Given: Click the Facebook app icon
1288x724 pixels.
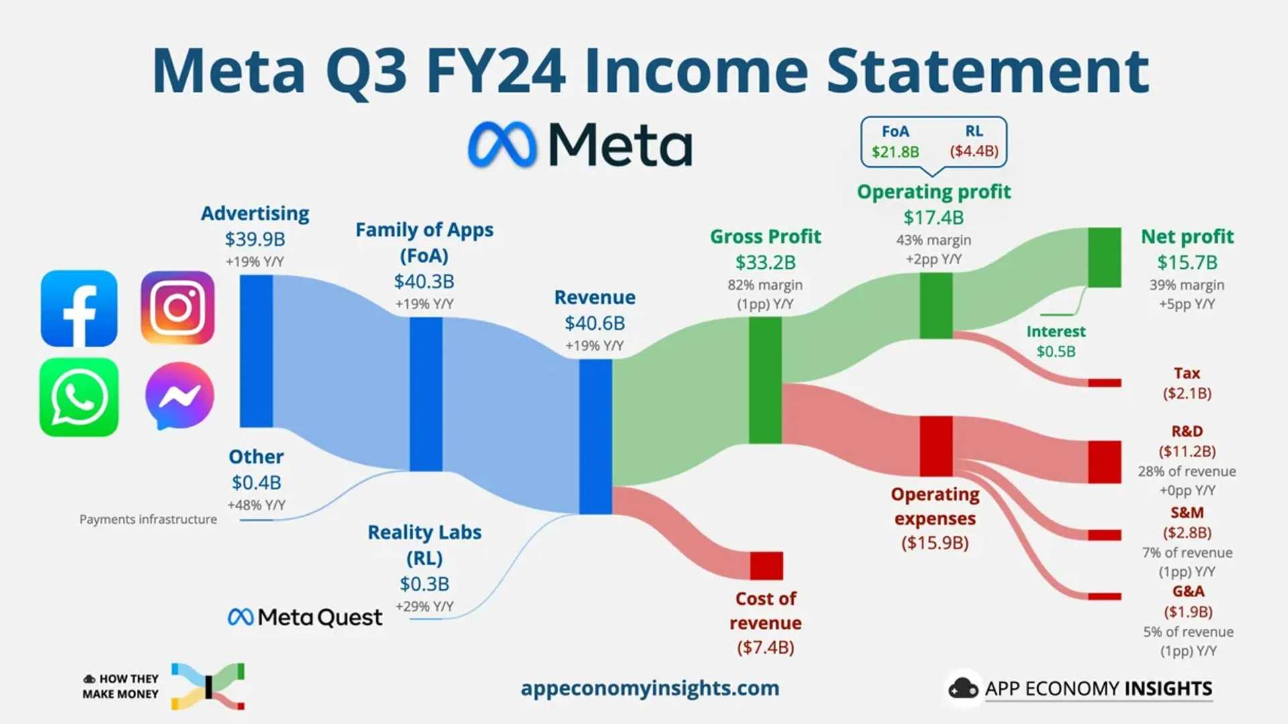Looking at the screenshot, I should coord(79,308).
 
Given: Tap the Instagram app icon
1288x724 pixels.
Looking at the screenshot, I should coord(178,308).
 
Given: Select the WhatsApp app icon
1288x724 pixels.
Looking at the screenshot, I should coord(79,397).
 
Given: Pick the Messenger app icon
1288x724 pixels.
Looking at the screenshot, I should coord(179,396).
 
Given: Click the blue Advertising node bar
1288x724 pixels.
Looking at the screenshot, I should coord(256,351).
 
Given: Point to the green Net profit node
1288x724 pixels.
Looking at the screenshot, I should coord(1104,257).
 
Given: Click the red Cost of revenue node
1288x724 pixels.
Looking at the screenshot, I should coord(766,566).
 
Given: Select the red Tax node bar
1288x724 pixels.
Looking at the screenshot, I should coord(1104,383).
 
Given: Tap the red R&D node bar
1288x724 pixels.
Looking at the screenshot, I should coord(1104,462).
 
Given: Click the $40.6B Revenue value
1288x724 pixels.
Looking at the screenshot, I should coord(594,323).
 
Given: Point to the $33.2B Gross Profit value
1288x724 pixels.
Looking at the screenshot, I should coord(765,262).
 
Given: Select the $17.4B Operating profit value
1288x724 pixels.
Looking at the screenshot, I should coord(933,217).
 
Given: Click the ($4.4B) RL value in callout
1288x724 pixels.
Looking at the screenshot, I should coord(974,152).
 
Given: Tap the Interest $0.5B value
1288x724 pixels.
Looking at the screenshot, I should coord(1056,351).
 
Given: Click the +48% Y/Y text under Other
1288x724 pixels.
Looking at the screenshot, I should coord(256,505).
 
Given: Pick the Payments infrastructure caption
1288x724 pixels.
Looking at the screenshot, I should coord(148,520).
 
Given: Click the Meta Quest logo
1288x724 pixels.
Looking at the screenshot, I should coord(305,617).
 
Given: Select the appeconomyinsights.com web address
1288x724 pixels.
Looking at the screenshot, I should coord(649,688).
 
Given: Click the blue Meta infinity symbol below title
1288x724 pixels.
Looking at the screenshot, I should coord(502,144).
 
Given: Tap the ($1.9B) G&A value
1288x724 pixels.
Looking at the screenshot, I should coord(1188,611).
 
